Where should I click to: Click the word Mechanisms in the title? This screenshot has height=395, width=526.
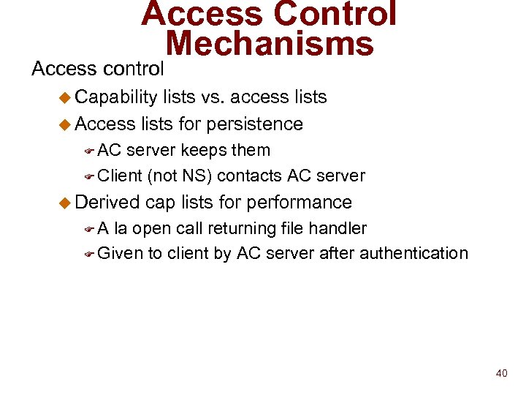(x=270, y=44)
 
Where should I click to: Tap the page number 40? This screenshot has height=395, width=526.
(x=501, y=373)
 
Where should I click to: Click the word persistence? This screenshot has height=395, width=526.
(x=254, y=124)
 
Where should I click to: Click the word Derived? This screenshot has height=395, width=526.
(x=108, y=202)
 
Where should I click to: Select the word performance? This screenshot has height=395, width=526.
(x=300, y=203)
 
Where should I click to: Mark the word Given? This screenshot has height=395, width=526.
(x=121, y=253)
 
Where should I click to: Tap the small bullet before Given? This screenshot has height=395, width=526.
(x=88, y=255)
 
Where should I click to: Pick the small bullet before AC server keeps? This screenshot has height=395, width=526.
(x=88, y=151)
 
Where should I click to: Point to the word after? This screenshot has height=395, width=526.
(x=343, y=253)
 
